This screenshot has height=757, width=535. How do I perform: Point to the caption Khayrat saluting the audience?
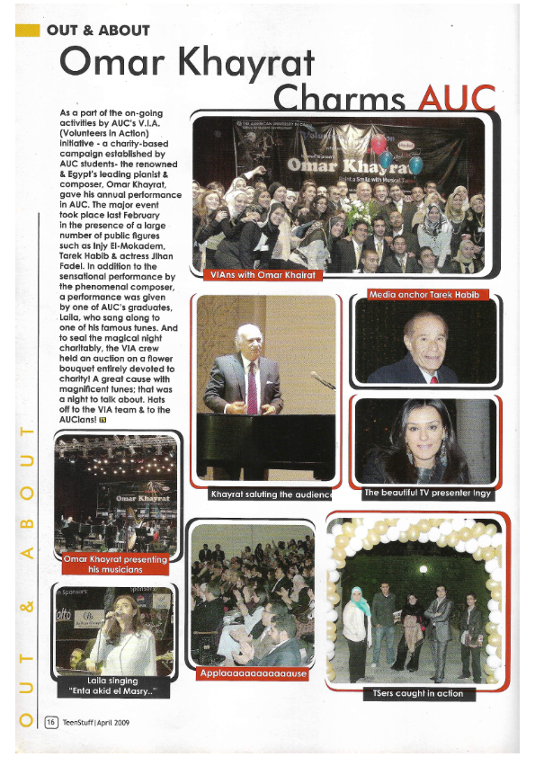271,494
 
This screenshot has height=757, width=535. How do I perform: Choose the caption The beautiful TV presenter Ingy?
425,494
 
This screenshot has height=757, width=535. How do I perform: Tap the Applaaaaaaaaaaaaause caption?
254,672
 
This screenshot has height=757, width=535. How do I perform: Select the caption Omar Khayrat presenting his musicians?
116,564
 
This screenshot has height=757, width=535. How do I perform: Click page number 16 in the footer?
51,721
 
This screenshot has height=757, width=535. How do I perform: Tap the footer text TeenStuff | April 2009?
100,721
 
